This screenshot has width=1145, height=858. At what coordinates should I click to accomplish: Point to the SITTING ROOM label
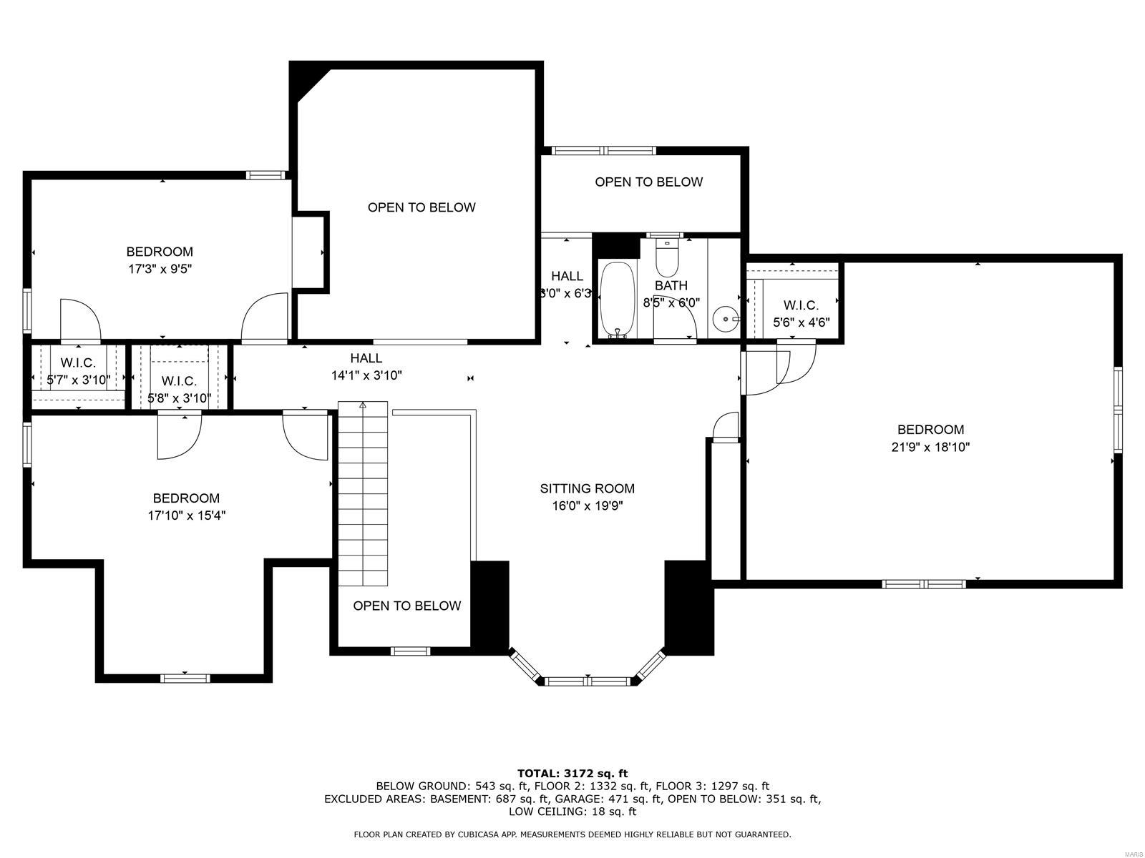tap(587, 489)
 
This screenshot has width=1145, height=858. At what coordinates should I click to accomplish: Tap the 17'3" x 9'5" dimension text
tap(160, 270)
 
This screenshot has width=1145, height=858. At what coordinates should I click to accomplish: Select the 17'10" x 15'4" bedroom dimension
tap(187, 516)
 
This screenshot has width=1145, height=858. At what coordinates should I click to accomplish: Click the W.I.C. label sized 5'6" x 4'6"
tap(801, 305)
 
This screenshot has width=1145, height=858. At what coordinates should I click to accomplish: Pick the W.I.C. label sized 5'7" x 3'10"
tap(78, 363)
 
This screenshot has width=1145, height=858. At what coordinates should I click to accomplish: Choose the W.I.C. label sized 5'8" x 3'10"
tap(179, 381)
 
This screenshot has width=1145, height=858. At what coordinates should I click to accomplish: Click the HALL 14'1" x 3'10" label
tap(366, 358)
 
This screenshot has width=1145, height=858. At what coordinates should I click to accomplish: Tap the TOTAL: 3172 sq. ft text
tap(572, 773)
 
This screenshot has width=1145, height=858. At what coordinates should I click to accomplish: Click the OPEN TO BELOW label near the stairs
tap(406, 606)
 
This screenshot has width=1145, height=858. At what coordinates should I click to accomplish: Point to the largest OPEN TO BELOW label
tap(421, 207)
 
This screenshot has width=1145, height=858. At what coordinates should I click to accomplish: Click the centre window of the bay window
tap(588, 681)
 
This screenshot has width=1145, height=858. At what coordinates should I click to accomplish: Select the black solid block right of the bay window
tap(689, 608)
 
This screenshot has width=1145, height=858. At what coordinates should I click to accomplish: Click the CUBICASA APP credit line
tap(572, 834)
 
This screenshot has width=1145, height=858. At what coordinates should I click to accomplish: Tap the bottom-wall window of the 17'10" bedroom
tap(185, 678)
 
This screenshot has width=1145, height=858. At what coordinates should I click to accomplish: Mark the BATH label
tap(671, 285)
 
